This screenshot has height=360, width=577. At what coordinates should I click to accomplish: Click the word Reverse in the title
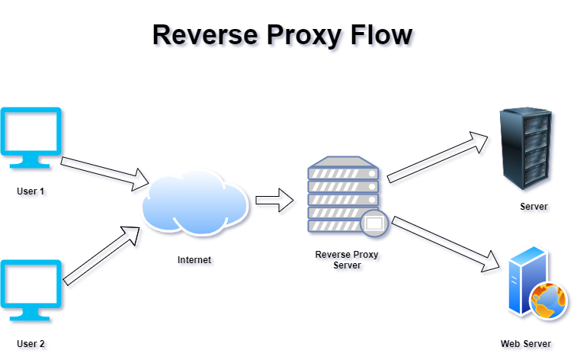pyautogui.click(x=205, y=35)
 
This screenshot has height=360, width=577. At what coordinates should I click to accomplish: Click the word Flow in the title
pyautogui.click(x=381, y=35)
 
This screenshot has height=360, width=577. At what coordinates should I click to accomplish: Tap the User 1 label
pyautogui.click(x=30, y=191)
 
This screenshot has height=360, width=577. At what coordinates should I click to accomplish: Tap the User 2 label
pyautogui.click(x=30, y=344)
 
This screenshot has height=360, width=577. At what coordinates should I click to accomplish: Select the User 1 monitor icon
pyautogui.click(x=31, y=137)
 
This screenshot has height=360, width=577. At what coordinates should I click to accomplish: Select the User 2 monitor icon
pyautogui.click(x=31, y=291)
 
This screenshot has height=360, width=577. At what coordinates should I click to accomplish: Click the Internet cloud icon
pyautogui.click(x=195, y=201)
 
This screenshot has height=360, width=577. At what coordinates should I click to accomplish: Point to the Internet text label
pyautogui.click(x=194, y=260)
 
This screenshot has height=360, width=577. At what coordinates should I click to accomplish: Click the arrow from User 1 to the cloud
pyautogui.click(x=104, y=174)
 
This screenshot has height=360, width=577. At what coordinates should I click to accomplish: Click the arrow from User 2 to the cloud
pyautogui.click(x=101, y=256)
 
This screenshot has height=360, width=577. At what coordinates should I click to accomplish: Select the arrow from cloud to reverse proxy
pyautogui.click(x=274, y=201)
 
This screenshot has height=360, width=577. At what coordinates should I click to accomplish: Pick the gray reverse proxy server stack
pyautogui.click(x=343, y=194)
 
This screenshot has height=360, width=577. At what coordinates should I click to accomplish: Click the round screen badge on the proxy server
pyautogui.click(x=374, y=223)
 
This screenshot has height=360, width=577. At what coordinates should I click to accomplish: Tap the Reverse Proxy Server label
pyautogui.click(x=347, y=260)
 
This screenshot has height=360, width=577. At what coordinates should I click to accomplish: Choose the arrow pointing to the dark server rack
pyautogui.click(x=438, y=157)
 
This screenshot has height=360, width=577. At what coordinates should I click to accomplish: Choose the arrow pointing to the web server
pyautogui.click(x=446, y=244)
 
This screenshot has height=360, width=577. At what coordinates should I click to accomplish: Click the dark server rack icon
pyautogui.click(x=526, y=148)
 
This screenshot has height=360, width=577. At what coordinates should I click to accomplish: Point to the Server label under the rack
pyautogui.click(x=534, y=207)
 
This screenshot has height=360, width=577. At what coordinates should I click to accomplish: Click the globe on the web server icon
pyautogui.click(x=548, y=301)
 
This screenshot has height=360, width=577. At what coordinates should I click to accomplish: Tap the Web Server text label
pyautogui.click(x=525, y=344)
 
